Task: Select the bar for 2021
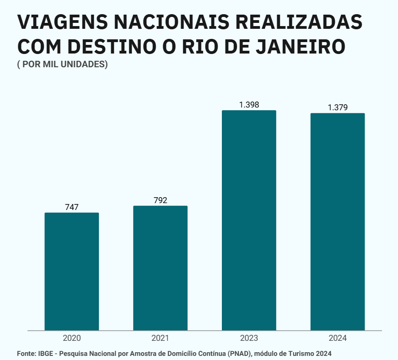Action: click(161, 268)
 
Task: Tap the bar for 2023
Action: click(249, 220)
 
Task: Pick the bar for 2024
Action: click(338, 221)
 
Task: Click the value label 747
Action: click(72, 207)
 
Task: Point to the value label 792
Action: click(161, 200)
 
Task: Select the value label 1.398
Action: click(249, 105)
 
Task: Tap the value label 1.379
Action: click(338, 107)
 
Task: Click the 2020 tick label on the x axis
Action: click(72, 339)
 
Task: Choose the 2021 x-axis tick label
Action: click(161, 339)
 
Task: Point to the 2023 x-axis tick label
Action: click(249, 339)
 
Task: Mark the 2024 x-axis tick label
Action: click(338, 339)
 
